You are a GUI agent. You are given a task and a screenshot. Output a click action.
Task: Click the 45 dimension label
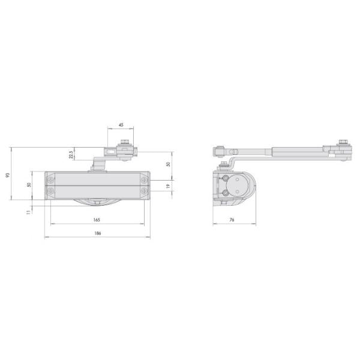pyautogui.click(x=121, y=125)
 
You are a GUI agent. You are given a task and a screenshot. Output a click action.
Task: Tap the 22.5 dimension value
pyautogui.click(x=71, y=154)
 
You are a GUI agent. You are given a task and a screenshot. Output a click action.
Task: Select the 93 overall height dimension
pyautogui.click(x=8, y=175)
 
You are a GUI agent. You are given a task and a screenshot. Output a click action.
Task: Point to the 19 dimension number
pyautogui.click(x=168, y=186)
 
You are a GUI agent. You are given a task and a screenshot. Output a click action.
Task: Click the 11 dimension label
pyautogui.click(x=28, y=212)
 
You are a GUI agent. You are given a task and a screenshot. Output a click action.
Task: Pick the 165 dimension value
pyautogui.click(x=97, y=220)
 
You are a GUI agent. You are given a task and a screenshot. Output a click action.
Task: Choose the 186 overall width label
pyautogui.click(x=98, y=233)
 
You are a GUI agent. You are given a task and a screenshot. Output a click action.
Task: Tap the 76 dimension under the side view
pyautogui.click(x=232, y=220)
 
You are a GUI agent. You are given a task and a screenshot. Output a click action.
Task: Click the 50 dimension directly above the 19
pyautogui.click(x=168, y=164)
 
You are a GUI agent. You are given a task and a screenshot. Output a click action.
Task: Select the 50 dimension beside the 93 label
pyautogui.click(x=29, y=185)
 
